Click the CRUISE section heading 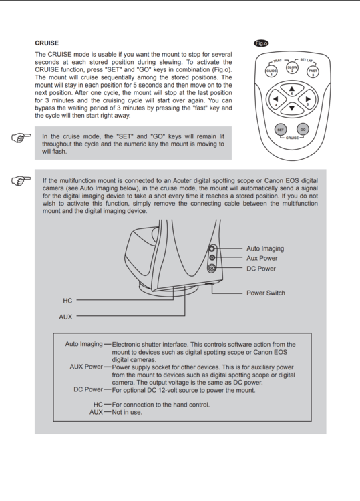click(47, 43)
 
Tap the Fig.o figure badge click(261, 43)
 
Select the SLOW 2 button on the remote click(292, 68)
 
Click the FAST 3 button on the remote click(313, 71)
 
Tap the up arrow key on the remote click(292, 90)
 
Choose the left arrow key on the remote click(277, 100)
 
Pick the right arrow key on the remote click(307, 100)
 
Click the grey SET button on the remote click(281, 130)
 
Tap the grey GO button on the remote click(303, 130)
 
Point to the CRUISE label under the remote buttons click(292, 138)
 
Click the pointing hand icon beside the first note click(21, 138)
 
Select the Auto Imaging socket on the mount click(212, 248)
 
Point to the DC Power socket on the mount click(212, 268)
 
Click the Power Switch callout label click(265, 293)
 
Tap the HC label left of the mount click(67, 301)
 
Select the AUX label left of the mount click(65, 317)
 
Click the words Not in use click(127, 412)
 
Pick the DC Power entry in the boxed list click(88, 389)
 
